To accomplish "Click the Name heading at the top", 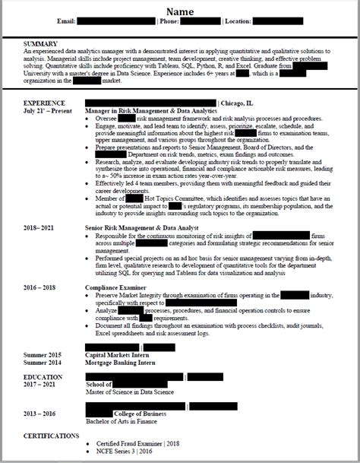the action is (180, 11).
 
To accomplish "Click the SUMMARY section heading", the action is (41, 43).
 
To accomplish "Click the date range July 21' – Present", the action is (49, 111).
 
